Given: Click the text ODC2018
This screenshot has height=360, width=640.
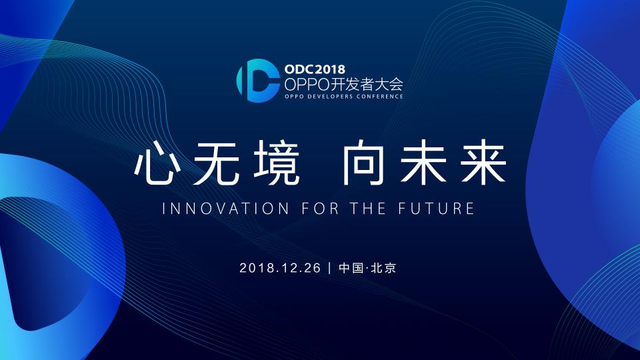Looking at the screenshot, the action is coord(315,69).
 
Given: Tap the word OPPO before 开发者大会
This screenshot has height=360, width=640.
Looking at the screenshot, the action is coord(307,85).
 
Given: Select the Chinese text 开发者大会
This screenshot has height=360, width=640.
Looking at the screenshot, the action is coord(367,85).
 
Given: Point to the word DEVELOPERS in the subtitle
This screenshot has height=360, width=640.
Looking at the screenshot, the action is coord(330,97).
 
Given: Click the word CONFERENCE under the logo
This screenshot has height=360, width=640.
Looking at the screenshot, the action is coord(379,97).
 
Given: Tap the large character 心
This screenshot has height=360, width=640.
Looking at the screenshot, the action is coord(157,163).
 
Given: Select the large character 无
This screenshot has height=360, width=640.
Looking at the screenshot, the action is coord(216,163).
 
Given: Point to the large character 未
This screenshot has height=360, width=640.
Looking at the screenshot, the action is coord(423,163).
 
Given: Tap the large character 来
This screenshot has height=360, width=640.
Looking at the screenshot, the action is coord(483,163).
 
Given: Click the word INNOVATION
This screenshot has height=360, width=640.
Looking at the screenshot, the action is coord(226,209).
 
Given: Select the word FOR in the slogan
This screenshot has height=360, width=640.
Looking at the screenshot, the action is coord(321,209).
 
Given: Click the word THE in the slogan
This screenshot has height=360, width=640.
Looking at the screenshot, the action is coord(368,209).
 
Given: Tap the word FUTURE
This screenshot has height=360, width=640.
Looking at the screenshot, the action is coord(436,209).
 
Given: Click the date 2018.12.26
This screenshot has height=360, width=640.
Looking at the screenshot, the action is coord(280,268).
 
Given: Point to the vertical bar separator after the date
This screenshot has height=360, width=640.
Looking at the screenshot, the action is coord(330,268).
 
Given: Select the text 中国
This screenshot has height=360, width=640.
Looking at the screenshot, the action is coord(351,268).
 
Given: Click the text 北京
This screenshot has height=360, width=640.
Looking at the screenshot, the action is coord(384,268).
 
